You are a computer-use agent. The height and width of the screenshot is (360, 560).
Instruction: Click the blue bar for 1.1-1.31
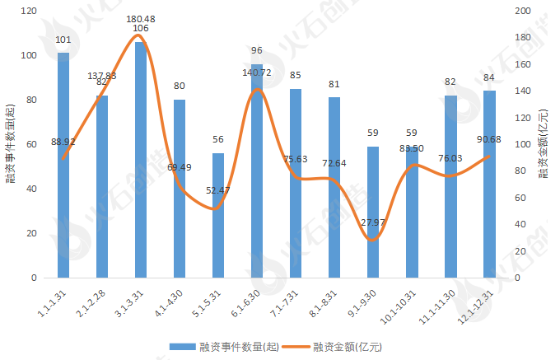[x=63, y=165]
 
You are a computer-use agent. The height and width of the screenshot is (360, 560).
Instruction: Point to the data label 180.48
[x=141, y=18]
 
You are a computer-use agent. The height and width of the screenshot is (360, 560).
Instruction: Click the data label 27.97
[x=373, y=223]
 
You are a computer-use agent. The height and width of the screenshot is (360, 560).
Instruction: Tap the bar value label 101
[x=63, y=40]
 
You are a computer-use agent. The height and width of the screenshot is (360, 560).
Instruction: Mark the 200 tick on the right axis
[x=521, y=11]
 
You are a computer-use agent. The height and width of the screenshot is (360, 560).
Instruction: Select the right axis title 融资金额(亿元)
[x=544, y=145]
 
